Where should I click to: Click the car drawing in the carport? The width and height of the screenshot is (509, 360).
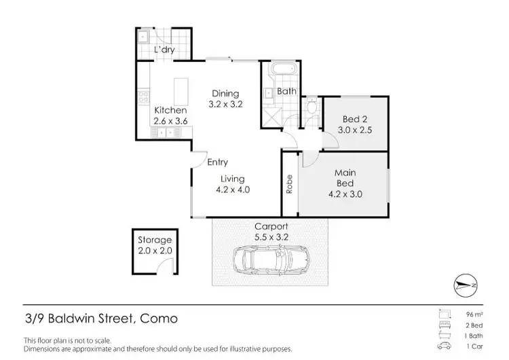click(269, 259)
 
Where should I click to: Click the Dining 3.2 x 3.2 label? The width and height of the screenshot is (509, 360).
click(225, 99)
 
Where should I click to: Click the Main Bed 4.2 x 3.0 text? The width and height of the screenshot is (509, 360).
click(345, 183)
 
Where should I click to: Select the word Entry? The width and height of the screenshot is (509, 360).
click(217, 162)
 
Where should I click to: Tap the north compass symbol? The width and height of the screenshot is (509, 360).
click(466, 285)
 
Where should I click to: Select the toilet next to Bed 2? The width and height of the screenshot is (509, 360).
click(311, 107)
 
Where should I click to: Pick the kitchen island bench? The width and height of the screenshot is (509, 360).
click(181, 90)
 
